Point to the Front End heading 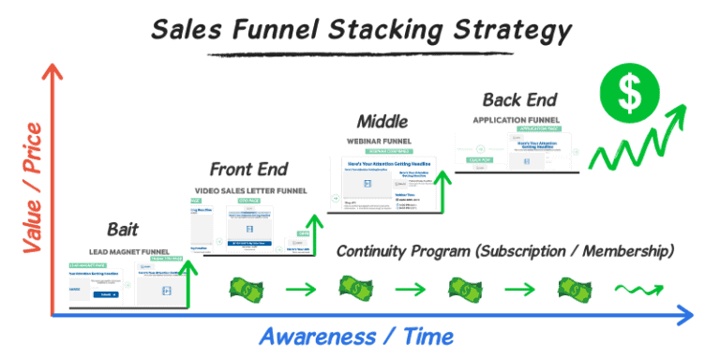tap(248, 170)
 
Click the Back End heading tap(519, 99)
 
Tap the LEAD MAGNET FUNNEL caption tap(128, 251)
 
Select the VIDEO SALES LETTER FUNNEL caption tap(246, 189)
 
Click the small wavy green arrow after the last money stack tap(635, 288)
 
